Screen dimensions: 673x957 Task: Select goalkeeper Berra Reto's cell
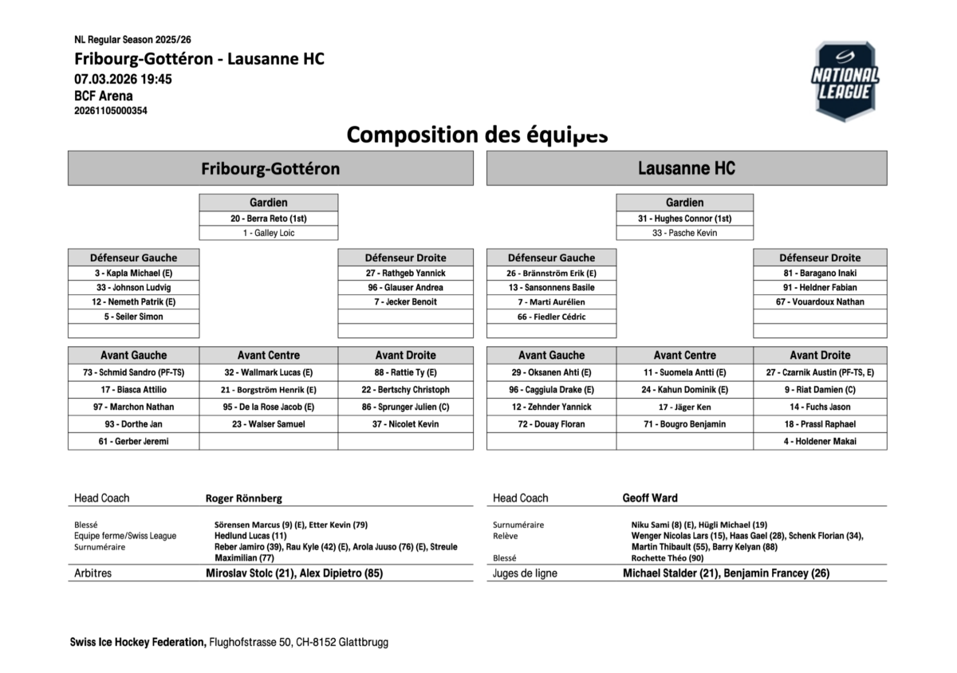(x=268, y=218)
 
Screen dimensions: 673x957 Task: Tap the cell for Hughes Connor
(x=684, y=218)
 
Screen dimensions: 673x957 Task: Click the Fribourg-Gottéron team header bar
(x=270, y=168)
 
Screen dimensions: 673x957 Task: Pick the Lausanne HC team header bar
(x=686, y=168)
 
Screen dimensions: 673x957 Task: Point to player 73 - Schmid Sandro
(x=133, y=372)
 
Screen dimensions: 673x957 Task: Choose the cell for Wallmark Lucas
(x=268, y=372)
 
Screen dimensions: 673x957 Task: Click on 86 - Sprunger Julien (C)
(x=405, y=407)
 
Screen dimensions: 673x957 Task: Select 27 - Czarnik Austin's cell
(x=820, y=372)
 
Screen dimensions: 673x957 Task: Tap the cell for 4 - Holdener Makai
(x=820, y=441)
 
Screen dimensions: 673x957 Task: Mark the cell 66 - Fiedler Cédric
(x=551, y=317)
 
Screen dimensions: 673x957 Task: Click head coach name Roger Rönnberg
(x=244, y=498)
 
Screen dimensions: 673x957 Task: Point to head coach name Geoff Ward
(x=650, y=498)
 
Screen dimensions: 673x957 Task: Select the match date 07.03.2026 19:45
(x=123, y=79)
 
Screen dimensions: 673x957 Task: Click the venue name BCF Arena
(x=104, y=96)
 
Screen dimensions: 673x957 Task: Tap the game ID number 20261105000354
(x=111, y=111)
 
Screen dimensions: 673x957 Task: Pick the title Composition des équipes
(x=477, y=135)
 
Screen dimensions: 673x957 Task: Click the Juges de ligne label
(x=525, y=573)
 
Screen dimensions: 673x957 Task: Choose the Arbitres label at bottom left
(x=93, y=573)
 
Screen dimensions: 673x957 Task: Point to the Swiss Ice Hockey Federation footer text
(x=138, y=642)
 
